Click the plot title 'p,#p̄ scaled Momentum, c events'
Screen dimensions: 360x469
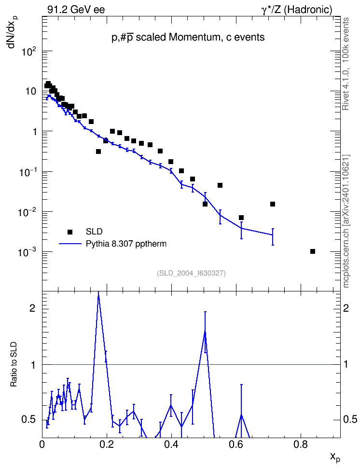click(x=188, y=37)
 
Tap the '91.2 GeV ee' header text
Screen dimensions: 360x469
click(x=76, y=10)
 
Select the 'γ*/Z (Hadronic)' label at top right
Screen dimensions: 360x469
click(x=297, y=10)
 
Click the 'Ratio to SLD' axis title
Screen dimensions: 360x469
click(x=14, y=364)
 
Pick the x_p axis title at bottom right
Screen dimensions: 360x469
click(x=335, y=457)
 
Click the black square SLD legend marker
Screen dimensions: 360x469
click(x=70, y=232)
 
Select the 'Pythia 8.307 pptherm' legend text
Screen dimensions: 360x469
click(x=126, y=244)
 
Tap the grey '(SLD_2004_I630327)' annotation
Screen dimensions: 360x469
click(x=191, y=273)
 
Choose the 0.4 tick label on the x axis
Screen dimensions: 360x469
click(x=171, y=445)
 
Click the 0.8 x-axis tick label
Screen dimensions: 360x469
click(x=301, y=445)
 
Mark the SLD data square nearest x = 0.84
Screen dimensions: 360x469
click(x=313, y=251)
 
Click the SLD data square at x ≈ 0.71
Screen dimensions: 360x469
click(x=273, y=204)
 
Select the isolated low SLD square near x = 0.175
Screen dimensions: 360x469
click(x=98, y=152)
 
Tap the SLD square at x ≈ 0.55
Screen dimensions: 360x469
click(x=220, y=185)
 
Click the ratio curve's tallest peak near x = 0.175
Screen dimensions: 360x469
click(x=98, y=295)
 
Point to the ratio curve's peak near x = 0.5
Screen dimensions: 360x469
click(x=205, y=331)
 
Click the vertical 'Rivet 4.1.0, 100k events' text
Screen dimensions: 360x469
click(x=346, y=64)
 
